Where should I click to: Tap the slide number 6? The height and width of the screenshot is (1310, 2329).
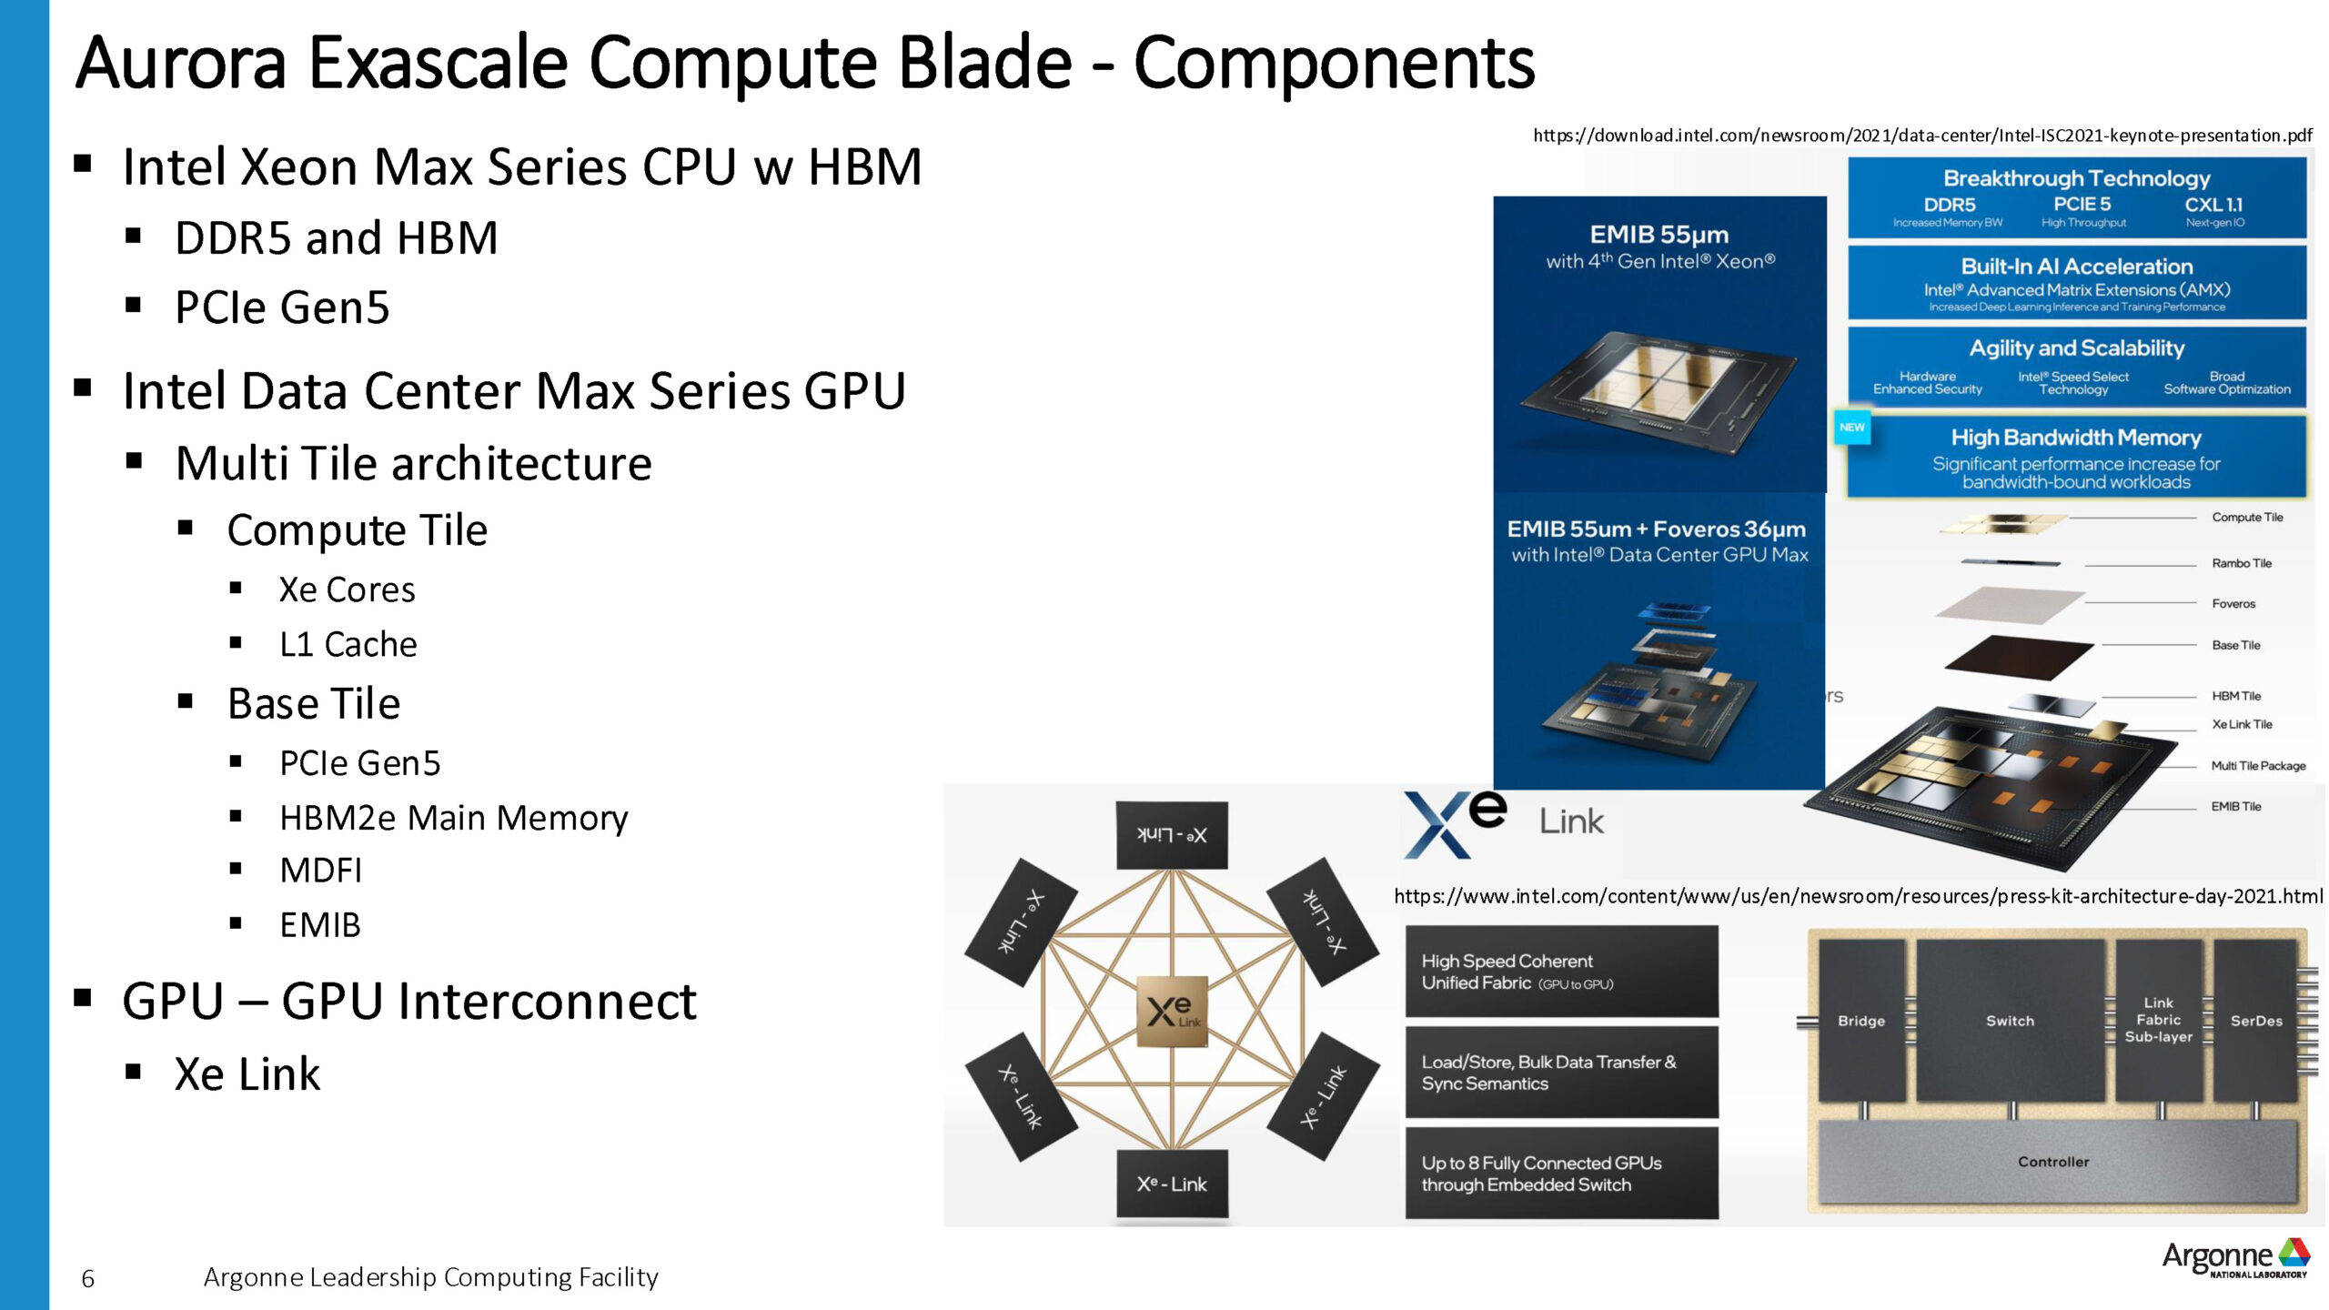click(87, 1279)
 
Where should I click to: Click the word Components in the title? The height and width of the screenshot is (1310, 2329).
click(1334, 63)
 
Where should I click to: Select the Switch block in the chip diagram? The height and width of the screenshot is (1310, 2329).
click(2010, 1021)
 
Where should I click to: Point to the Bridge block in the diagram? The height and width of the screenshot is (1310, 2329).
click(1861, 1021)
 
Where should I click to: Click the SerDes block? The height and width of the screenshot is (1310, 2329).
click(2256, 1021)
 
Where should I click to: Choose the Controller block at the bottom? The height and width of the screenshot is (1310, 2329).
click(2053, 1162)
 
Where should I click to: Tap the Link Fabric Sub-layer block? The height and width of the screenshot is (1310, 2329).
click(2158, 1020)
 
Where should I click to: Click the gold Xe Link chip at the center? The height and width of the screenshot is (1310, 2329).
click(1172, 1012)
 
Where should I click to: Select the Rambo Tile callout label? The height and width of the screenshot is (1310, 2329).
click(2242, 563)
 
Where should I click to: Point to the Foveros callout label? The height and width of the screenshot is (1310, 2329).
click(2233, 603)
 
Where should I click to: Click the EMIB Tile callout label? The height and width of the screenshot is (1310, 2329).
click(2236, 806)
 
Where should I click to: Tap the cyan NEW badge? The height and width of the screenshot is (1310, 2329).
click(1852, 428)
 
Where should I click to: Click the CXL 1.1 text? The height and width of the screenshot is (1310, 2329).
click(2213, 206)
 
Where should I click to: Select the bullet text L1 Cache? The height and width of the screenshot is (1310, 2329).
click(348, 644)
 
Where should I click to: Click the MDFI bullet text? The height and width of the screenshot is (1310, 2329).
click(320, 871)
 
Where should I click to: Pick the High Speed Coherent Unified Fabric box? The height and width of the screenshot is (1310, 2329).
click(1561, 972)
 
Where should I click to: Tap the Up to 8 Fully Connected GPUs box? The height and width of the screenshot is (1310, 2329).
click(1561, 1174)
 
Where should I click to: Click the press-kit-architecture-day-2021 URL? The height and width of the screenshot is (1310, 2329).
click(1858, 896)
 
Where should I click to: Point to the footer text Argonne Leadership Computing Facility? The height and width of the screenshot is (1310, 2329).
click(430, 1277)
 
